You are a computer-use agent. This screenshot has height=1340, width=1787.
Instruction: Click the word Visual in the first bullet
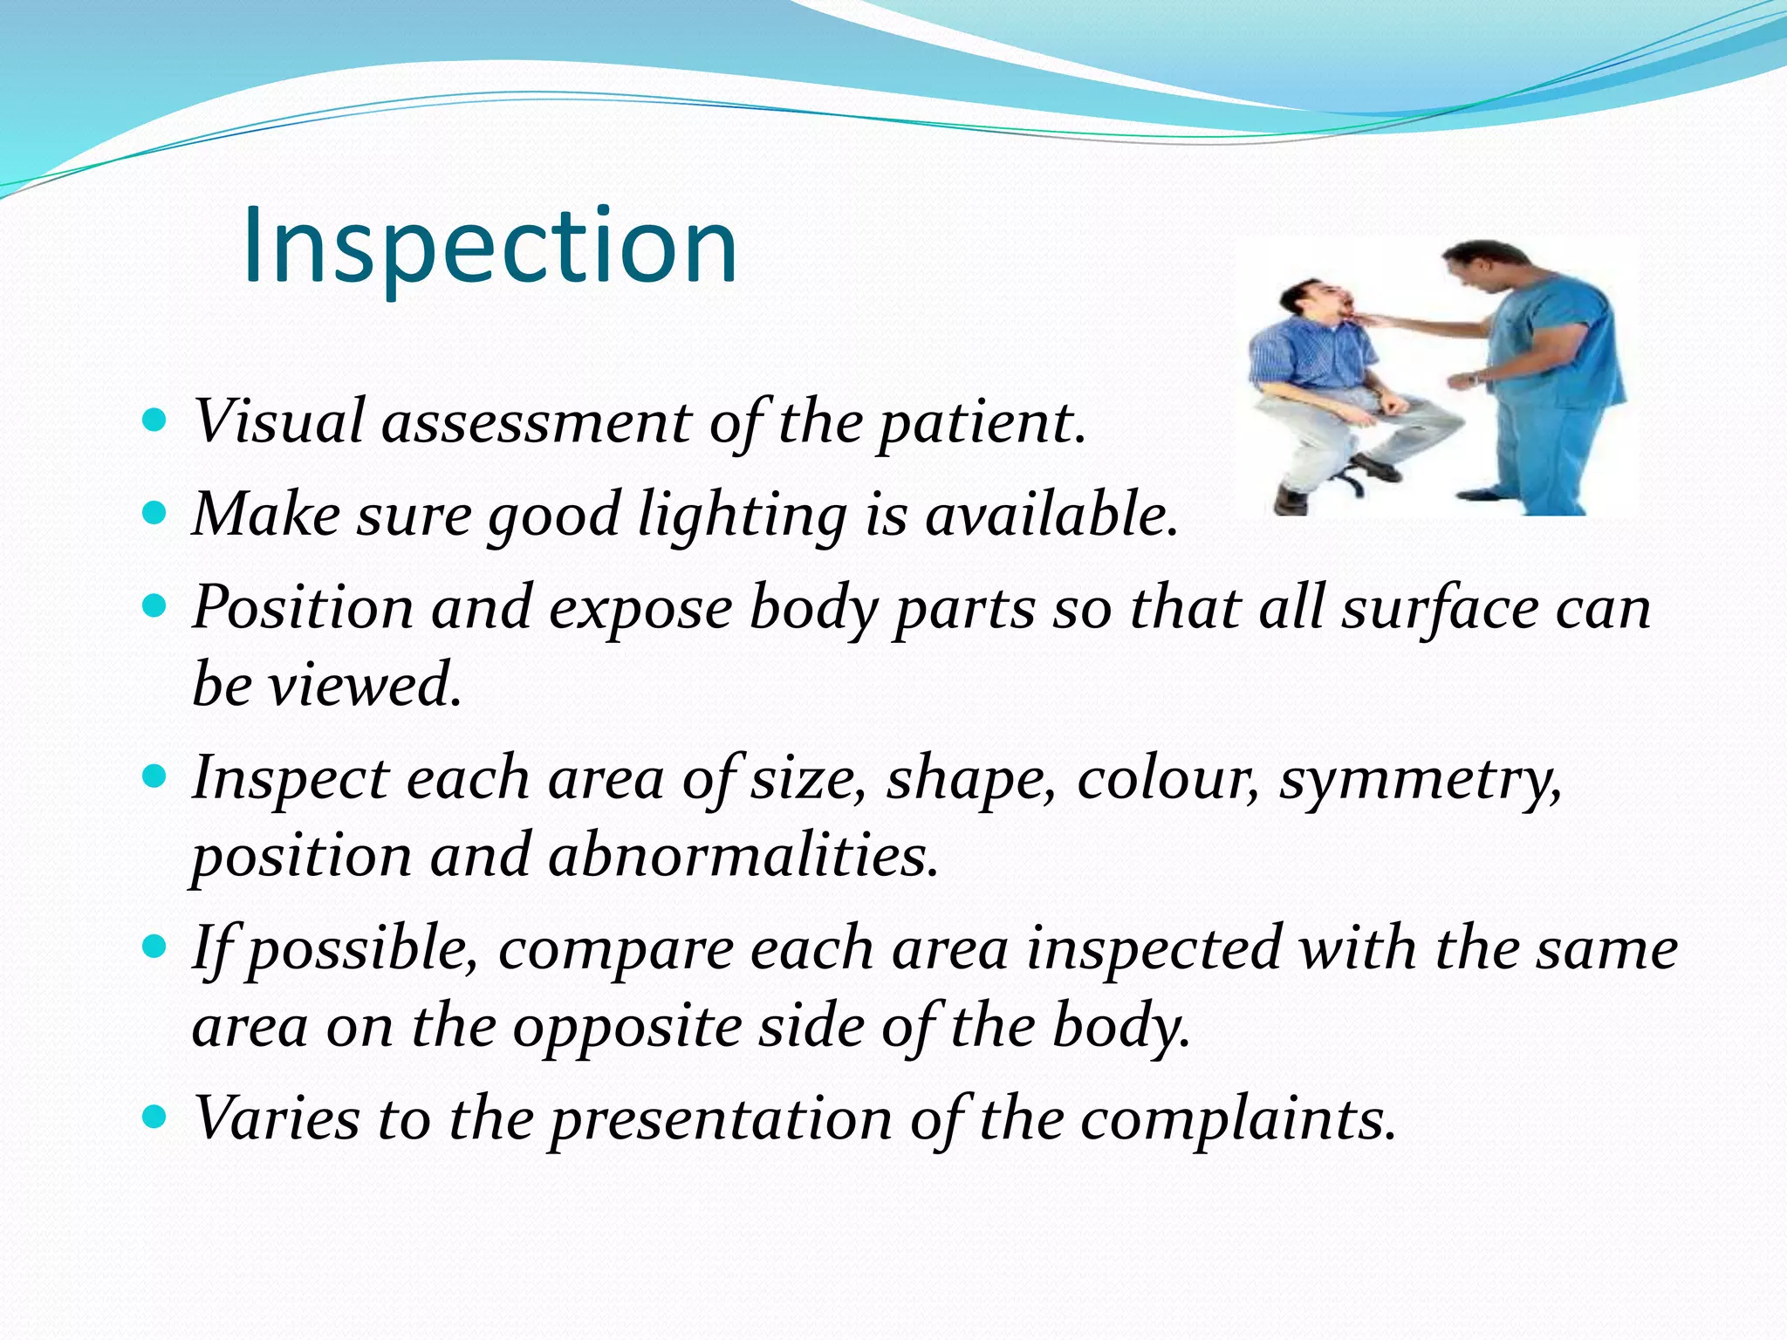coord(277,422)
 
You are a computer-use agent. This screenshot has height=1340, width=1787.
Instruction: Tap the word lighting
coord(742,516)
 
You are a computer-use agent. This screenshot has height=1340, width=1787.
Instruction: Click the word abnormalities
coord(743,856)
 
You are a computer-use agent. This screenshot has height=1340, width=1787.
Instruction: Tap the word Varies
coord(276,1118)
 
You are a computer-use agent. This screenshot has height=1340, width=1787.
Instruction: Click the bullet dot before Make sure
coord(154,512)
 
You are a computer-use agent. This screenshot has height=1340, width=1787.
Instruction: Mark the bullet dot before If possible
coord(154,946)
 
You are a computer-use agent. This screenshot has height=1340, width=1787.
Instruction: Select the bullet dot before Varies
coord(154,1116)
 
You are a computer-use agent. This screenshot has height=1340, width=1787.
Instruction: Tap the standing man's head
coord(1477,265)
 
